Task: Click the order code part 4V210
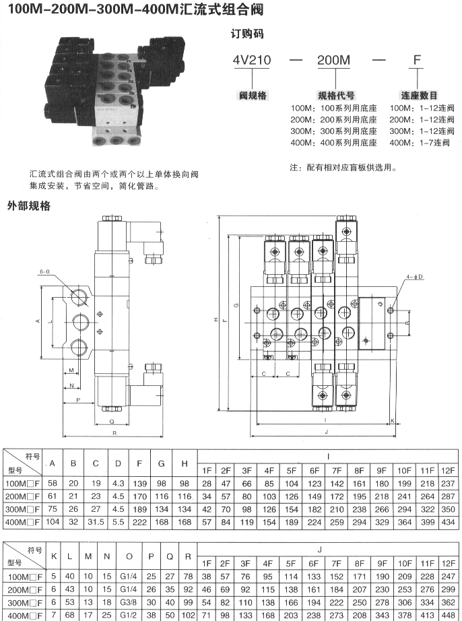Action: pyautogui.click(x=252, y=60)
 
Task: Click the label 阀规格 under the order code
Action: pyautogui.click(x=253, y=95)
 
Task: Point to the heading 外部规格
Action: pyautogui.click(x=29, y=205)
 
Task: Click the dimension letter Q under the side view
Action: pyautogui.click(x=110, y=421)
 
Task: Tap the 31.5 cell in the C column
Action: pyautogui.click(x=96, y=522)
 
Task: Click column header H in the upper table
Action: pyautogui.click(x=184, y=463)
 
